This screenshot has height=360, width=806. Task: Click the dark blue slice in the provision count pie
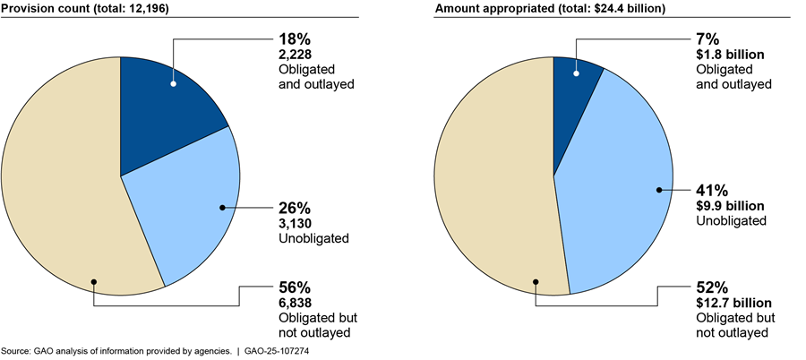[x=166, y=116]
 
